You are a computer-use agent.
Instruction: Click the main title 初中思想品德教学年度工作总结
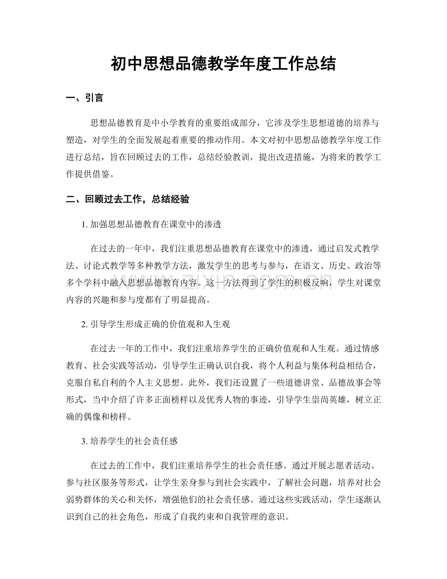[x=223, y=63]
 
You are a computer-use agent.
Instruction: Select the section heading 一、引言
[x=84, y=98]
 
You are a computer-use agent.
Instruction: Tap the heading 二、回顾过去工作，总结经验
[x=127, y=199]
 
